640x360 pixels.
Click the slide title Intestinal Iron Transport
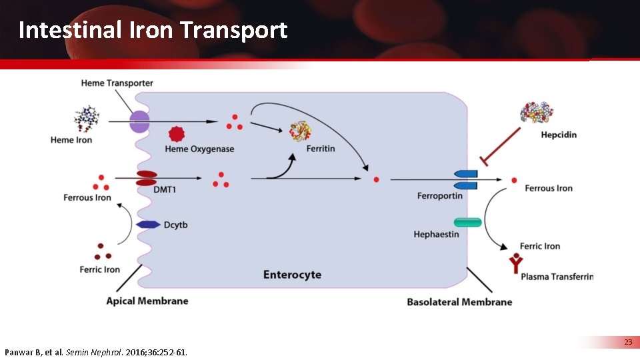153,30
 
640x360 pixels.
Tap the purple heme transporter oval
139,122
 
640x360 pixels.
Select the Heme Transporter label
117,83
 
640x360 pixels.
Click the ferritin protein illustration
300,131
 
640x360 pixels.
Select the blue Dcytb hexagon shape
148,225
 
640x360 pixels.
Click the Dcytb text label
176,225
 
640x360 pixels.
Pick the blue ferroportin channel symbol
466,179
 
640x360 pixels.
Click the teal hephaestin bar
467,222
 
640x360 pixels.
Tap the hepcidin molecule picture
537,113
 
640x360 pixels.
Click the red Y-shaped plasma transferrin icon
515,264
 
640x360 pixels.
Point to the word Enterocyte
292,275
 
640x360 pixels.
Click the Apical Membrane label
147,301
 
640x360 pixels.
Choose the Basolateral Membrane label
459,302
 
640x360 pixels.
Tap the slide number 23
628,342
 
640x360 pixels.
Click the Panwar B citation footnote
96,351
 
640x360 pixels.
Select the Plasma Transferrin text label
557,277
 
